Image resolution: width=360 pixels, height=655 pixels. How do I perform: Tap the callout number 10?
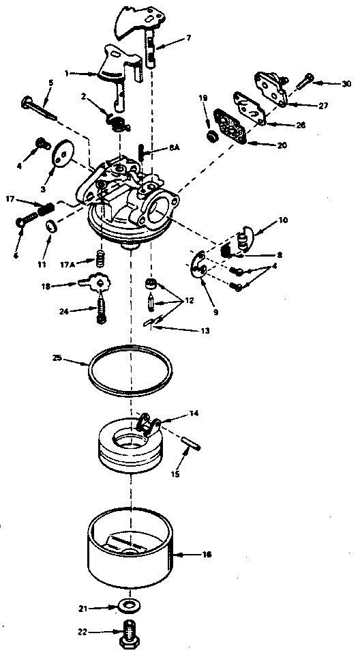coord(283,221)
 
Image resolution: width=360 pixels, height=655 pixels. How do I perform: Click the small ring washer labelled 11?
coord(49,227)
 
